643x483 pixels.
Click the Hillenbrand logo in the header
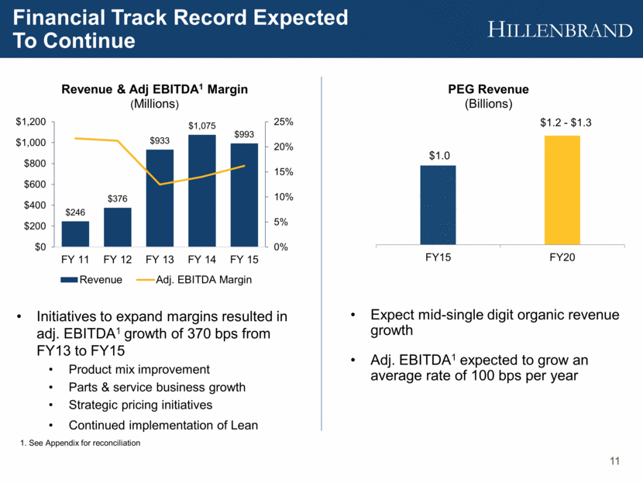coord(561,29)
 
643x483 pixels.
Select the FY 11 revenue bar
coord(75,233)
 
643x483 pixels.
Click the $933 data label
coord(160,140)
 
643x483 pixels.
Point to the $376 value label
coord(118,198)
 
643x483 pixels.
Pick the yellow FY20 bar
coord(562,190)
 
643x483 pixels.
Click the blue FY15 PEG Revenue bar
coord(438,205)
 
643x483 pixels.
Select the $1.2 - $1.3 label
coord(562,122)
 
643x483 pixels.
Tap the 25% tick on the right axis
coord(284,122)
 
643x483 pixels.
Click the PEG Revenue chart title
coord(499,90)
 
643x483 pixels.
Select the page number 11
coord(615,463)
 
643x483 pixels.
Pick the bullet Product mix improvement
coord(139,368)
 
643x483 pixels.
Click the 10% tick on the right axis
coord(284,197)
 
